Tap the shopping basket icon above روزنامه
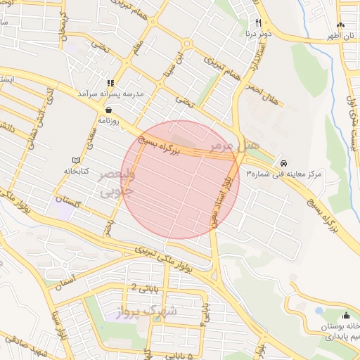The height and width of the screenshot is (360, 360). [108, 110]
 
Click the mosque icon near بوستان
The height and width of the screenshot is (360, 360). [346, 314]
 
